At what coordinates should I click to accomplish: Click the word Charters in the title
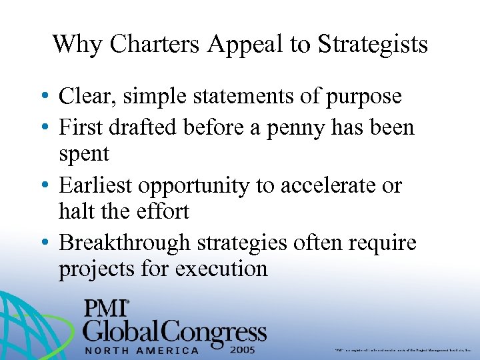(x=154, y=45)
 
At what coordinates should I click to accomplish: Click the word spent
(x=84, y=155)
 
